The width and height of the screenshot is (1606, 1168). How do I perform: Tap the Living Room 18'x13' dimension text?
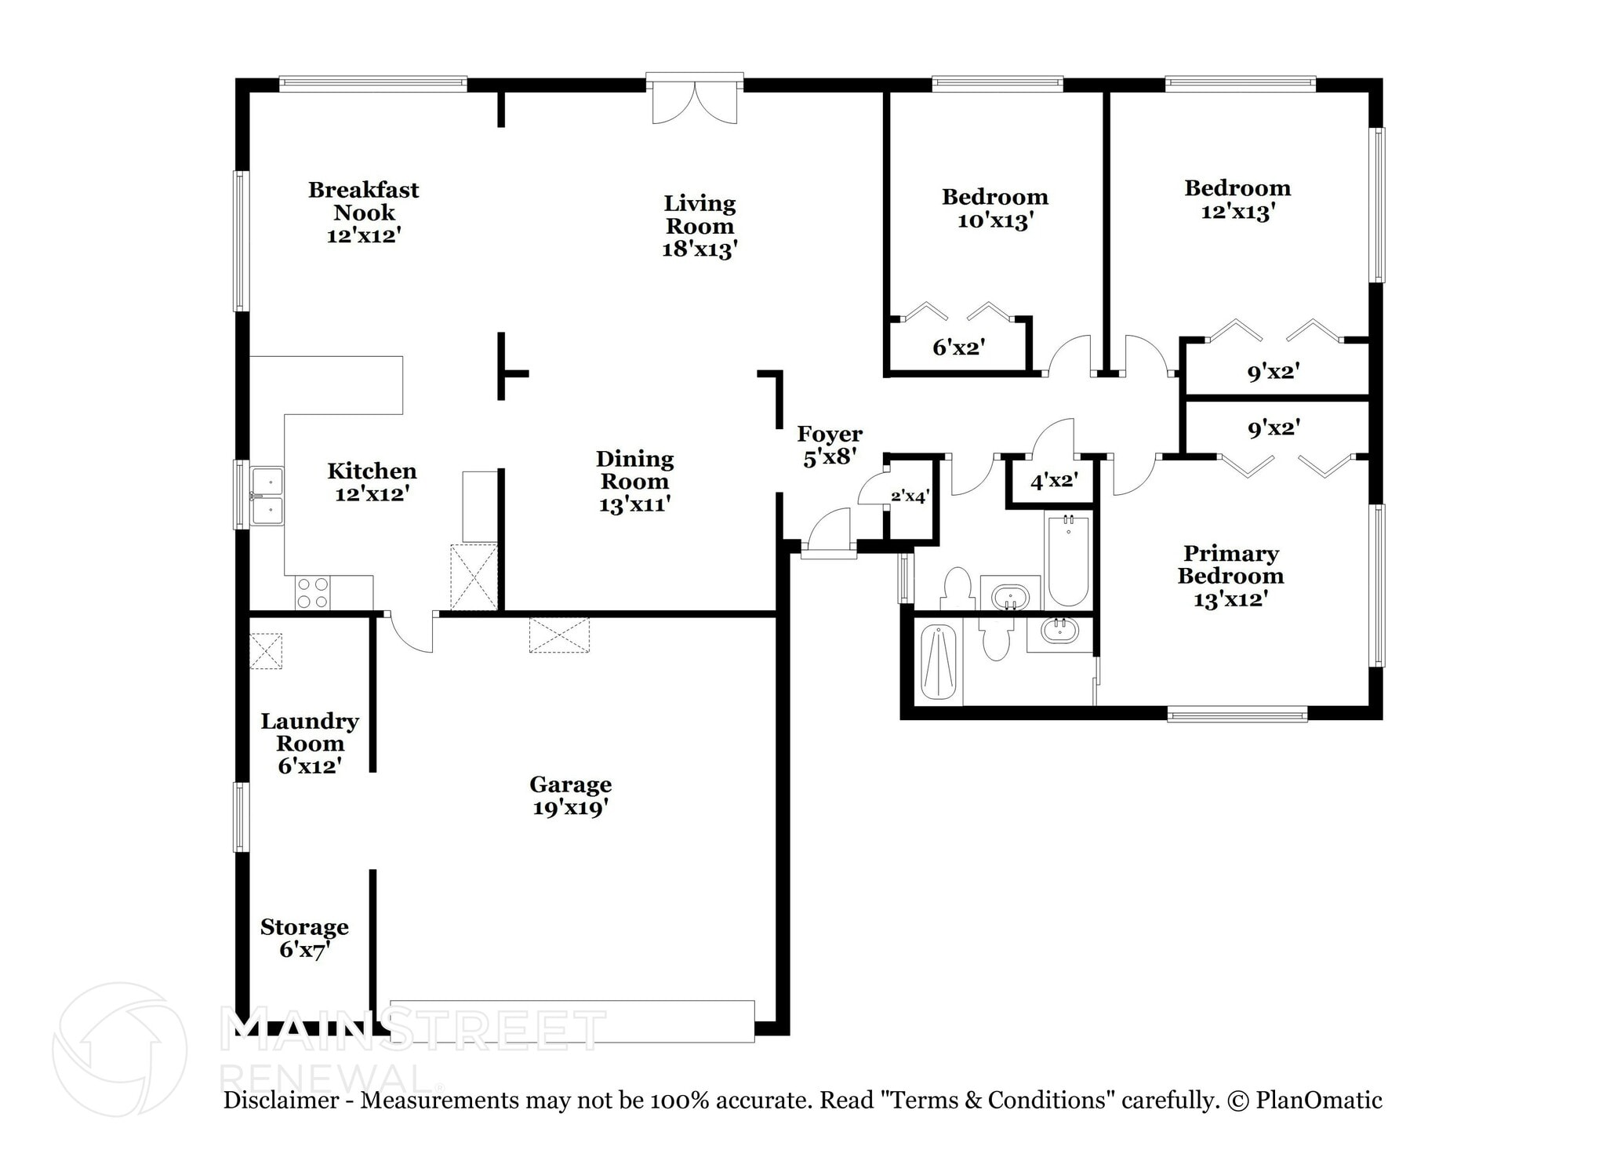[699, 249]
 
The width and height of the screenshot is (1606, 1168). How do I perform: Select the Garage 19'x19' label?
[570, 795]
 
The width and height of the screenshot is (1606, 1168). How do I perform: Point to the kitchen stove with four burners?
[312, 593]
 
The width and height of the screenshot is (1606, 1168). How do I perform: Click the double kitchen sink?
[267, 496]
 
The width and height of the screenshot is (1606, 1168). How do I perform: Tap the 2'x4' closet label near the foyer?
[910, 496]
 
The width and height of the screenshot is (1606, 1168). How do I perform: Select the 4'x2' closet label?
[1053, 480]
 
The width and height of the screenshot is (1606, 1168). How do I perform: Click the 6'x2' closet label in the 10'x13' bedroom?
[958, 347]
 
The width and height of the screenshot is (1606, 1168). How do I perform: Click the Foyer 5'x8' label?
[829, 445]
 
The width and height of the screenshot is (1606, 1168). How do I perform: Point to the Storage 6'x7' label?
[304, 938]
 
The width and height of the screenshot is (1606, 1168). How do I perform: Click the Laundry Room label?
[310, 732]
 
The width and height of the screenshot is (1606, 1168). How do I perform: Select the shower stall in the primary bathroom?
[939, 663]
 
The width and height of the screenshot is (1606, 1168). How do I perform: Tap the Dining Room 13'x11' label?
[634, 481]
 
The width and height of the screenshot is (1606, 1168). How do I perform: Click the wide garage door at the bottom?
[572, 1021]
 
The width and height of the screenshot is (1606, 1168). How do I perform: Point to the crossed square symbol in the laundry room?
[266, 651]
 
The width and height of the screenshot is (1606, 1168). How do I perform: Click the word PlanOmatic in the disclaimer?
[1318, 1101]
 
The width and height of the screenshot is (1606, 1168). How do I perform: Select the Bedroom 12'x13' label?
[1237, 199]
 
